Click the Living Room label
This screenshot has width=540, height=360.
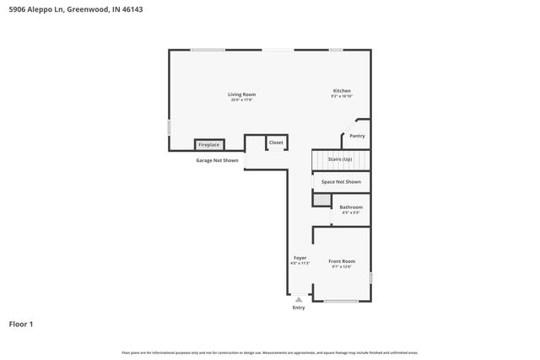click(241, 94)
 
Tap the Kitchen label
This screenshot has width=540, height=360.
click(342, 90)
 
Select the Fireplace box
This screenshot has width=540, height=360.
click(208, 145)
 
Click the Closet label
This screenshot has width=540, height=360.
click(276, 142)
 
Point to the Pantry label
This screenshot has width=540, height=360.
click(357, 136)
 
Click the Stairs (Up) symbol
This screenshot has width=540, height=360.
click(342, 159)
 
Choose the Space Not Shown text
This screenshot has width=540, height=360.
click(341, 181)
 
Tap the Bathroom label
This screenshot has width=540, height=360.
click(351, 207)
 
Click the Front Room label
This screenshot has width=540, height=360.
click(342, 261)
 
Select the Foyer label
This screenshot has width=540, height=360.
click(300, 257)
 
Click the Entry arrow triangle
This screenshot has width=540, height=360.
click(299, 298)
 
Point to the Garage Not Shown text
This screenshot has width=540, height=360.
click(217, 160)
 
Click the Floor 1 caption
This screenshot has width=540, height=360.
click(21, 324)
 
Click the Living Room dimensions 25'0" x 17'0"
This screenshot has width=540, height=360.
click(241, 100)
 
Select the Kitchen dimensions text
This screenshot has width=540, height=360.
click(342, 97)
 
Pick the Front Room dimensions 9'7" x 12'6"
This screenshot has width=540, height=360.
click(342, 267)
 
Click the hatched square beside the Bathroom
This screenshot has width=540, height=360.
click(321, 199)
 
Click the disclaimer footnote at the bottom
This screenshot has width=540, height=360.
click(269, 352)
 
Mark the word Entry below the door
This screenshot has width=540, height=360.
click(299, 308)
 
